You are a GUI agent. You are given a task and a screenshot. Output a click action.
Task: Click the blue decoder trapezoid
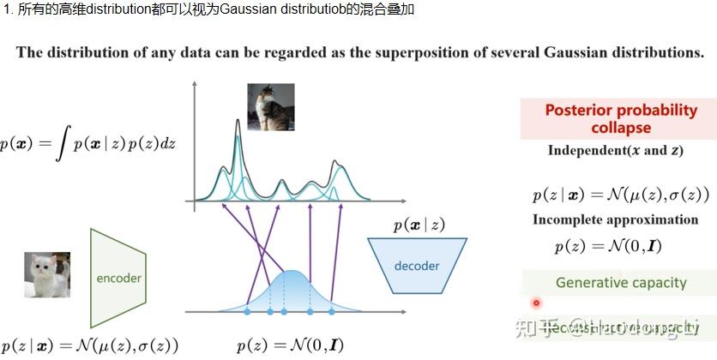[x=417, y=265]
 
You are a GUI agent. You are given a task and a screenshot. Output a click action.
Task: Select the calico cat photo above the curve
[x=270, y=106]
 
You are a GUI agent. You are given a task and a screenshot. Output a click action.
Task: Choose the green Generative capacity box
[x=620, y=283]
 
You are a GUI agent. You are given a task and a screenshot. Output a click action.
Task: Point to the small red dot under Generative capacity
[x=537, y=303]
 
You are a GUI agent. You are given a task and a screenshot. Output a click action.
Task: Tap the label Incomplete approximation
[x=615, y=219]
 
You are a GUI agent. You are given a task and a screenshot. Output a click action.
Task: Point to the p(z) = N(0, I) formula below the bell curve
[x=291, y=346]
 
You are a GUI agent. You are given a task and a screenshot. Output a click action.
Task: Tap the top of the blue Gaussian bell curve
[x=292, y=273]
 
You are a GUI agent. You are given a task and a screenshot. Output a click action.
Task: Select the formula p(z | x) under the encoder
[x=89, y=346]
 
